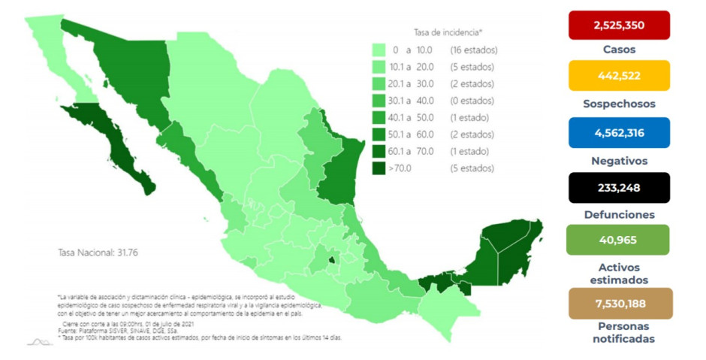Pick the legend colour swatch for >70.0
(x=381, y=168)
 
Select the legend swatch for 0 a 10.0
(x=381, y=50)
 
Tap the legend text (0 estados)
(x=472, y=101)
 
